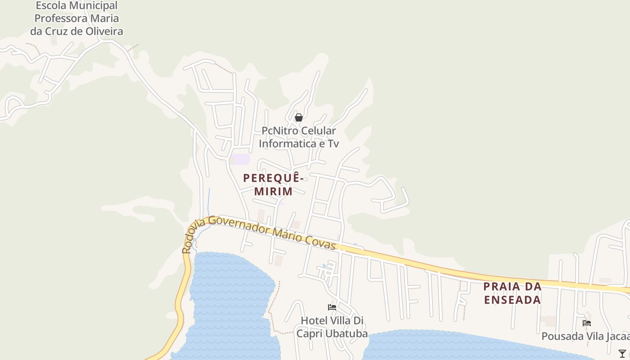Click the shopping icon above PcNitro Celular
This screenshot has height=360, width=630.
coord(298,118)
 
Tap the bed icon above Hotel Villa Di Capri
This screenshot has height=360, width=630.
coord(332,308)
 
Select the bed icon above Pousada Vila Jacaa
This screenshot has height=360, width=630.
coord(586,323)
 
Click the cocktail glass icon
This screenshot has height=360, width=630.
coord(622,354)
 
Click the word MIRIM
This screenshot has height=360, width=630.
coord(274,191)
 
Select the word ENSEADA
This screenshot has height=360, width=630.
coord(513,300)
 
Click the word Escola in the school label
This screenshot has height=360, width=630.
coord(50,6)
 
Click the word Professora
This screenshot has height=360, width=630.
coord(60,18)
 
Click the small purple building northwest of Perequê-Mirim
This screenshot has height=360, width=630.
coord(241,159)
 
